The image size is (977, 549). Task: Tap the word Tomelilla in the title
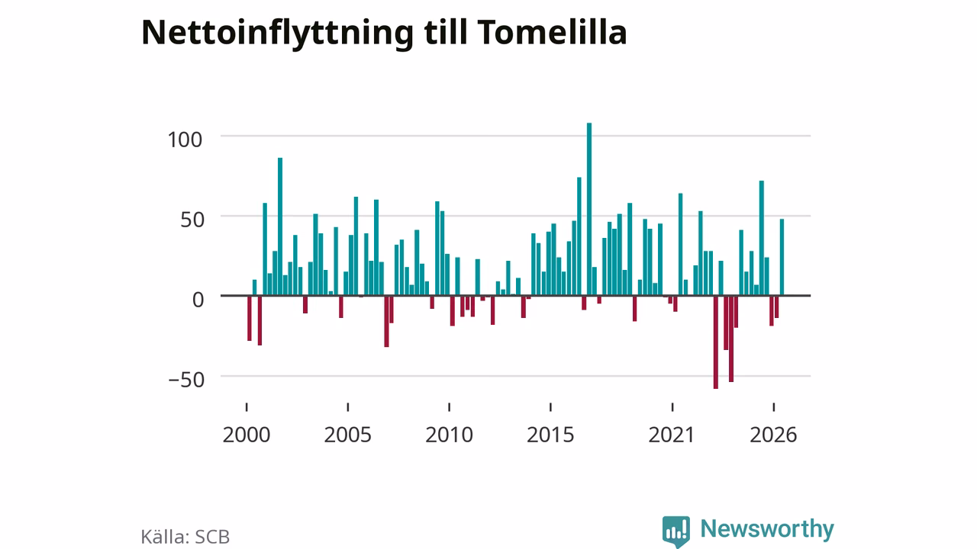(552, 32)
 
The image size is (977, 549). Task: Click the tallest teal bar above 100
(589, 209)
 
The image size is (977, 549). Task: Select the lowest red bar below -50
(716, 342)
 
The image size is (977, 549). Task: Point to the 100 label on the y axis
(185, 140)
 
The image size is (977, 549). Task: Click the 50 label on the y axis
(192, 220)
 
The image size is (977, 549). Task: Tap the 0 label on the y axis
(198, 300)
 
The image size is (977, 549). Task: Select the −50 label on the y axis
(186, 380)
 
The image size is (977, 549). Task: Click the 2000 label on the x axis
(247, 435)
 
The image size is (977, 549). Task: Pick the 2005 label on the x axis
(347, 435)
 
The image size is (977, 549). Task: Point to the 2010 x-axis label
(450, 435)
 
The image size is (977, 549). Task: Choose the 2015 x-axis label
(550, 435)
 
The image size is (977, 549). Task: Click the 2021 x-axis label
(671, 435)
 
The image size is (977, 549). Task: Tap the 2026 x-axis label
(773, 435)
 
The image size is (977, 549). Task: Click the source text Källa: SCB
(185, 537)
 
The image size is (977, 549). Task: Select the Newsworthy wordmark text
(767, 528)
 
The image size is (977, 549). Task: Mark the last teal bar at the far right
(782, 257)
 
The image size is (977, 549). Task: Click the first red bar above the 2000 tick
(250, 318)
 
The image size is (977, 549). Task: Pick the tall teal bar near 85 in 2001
(280, 226)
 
